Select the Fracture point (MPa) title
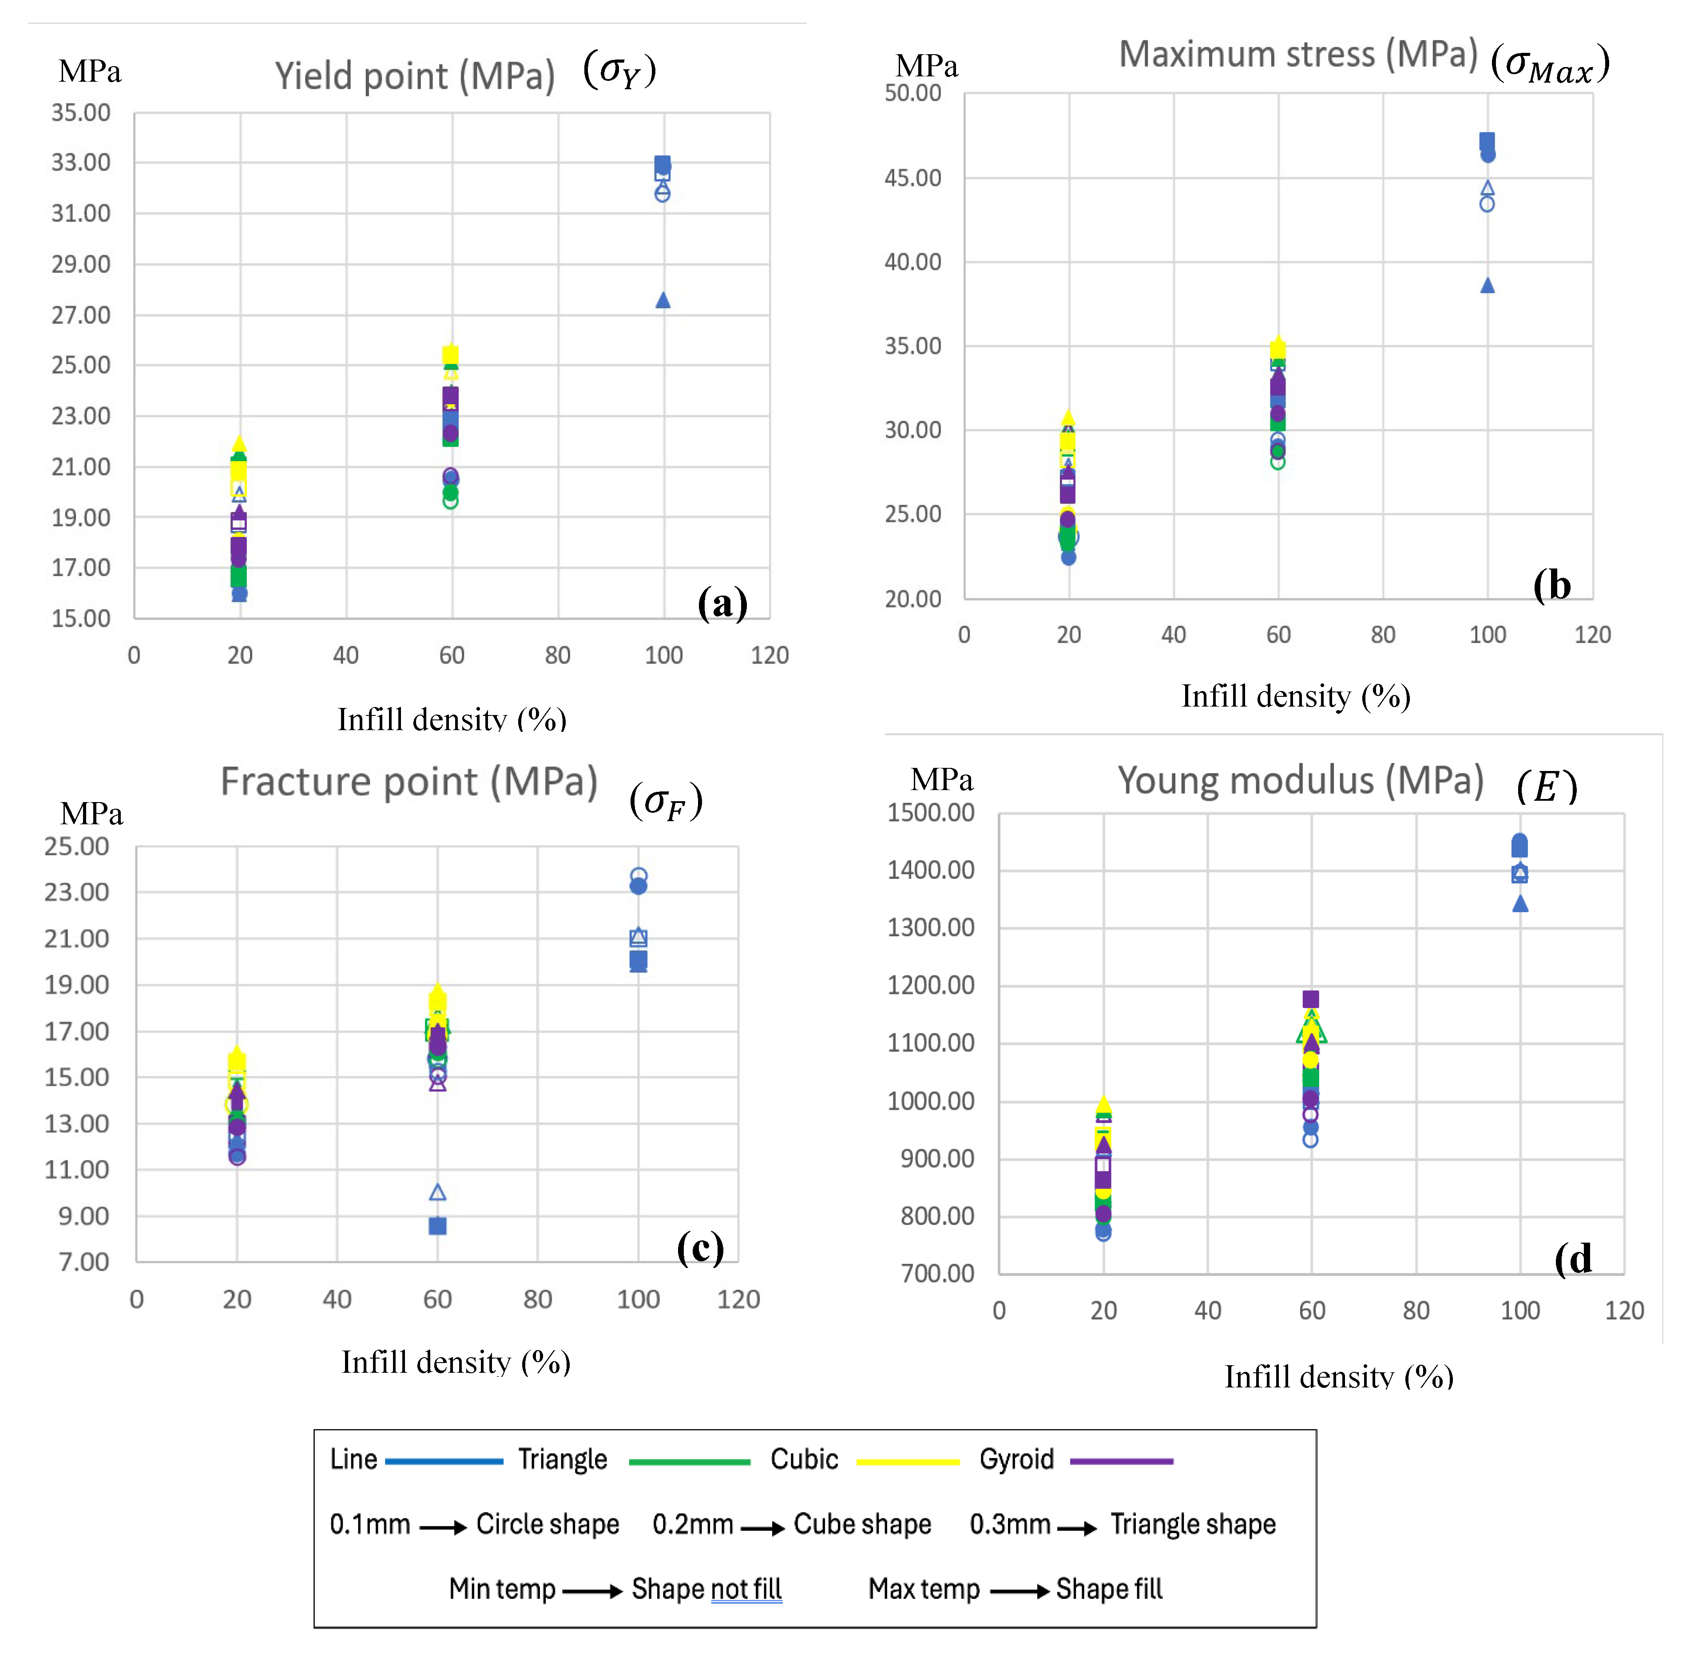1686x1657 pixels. pyautogui.click(x=409, y=782)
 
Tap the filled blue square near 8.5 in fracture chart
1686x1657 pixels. pyautogui.click(x=437, y=1225)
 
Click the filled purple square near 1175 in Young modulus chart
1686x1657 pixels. pyautogui.click(x=1310, y=999)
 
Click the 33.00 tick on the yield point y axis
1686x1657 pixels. pyautogui.click(x=81, y=163)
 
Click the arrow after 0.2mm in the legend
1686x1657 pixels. pyautogui.click(x=763, y=1527)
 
